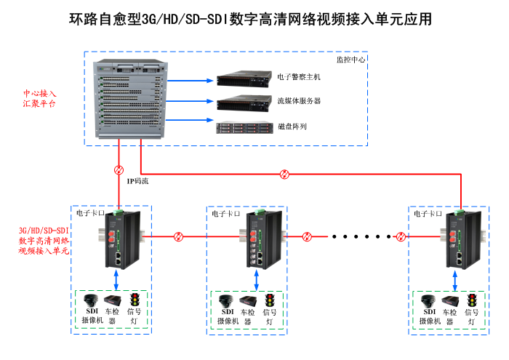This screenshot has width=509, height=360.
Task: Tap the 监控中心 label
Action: [350, 60]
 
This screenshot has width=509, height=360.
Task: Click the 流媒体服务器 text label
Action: [299, 101]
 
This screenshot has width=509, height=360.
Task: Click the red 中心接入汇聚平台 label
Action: [39, 99]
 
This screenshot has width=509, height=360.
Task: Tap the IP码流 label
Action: [137, 181]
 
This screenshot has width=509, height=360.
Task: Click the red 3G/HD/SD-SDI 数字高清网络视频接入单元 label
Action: [44, 240]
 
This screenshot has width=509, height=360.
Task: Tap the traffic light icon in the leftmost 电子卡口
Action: [135, 300]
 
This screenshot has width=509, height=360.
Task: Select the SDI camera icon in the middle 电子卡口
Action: [225, 301]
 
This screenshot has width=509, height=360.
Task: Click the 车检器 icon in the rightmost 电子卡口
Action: [451, 301]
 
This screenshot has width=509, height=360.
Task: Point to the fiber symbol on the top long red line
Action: [286, 174]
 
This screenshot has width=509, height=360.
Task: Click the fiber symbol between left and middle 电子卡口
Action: [179, 236]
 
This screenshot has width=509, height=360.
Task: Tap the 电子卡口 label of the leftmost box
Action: [90, 214]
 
